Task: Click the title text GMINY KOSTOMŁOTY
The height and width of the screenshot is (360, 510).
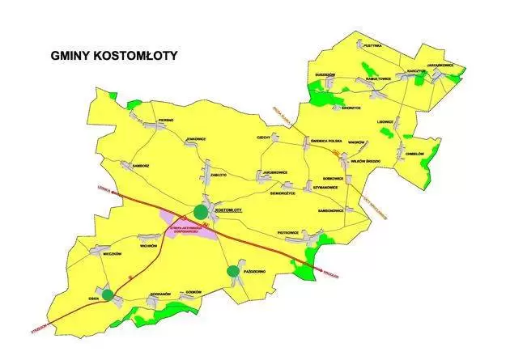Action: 113,57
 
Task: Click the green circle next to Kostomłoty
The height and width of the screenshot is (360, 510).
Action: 199,212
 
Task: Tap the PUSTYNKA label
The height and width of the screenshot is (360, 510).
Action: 372,47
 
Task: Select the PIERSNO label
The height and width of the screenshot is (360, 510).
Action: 166,120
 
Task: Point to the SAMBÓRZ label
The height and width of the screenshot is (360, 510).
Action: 130,165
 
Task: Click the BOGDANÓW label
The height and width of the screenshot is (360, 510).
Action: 162,294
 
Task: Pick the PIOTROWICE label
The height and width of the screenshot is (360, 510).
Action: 290,232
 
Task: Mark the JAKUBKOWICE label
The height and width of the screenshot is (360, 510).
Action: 274,172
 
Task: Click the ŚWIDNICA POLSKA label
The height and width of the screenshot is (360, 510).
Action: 326,140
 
